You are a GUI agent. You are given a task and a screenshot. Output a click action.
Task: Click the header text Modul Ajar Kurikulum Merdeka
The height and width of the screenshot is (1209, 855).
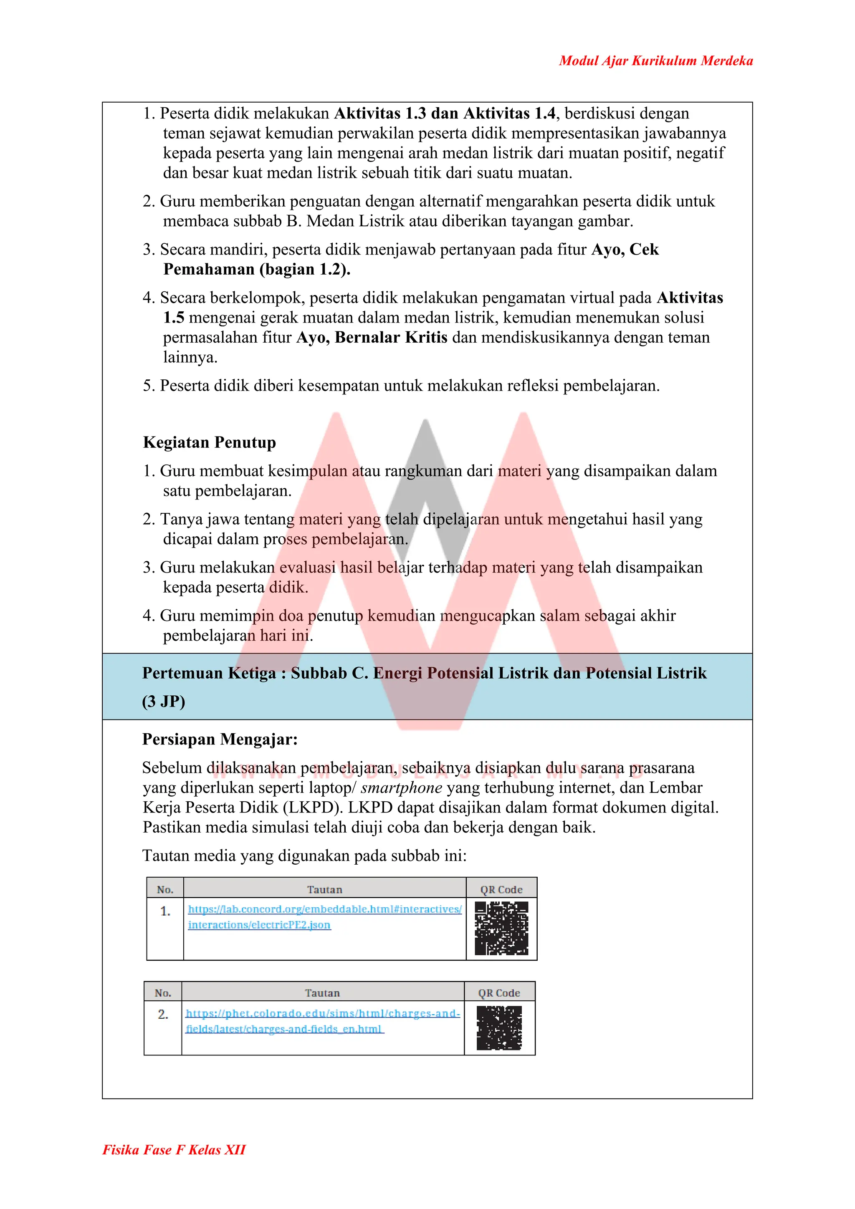click(655, 61)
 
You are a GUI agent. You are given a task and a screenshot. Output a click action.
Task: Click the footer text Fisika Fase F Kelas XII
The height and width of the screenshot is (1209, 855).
click(174, 1149)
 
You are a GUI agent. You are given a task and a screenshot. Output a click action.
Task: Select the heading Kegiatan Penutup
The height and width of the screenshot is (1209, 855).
click(209, 442)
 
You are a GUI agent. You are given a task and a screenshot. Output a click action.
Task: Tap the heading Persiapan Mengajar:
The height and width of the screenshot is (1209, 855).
click(220, 740)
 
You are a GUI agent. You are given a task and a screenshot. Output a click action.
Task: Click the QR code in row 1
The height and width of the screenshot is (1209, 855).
click(501, 928)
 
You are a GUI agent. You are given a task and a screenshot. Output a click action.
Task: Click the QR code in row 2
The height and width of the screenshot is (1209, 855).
click(499, 1027)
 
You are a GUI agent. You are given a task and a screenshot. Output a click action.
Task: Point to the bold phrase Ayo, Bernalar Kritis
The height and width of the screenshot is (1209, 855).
click(372, 338)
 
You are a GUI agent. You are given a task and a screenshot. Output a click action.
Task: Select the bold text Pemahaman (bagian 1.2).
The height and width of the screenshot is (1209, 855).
click(257, 270)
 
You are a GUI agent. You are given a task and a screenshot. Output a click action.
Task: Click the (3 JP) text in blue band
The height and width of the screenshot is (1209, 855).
click(163, 702)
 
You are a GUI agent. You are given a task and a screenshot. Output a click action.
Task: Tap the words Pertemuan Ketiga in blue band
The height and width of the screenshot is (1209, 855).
click(209, 673)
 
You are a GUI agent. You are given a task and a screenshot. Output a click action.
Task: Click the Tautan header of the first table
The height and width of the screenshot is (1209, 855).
click(324, 889)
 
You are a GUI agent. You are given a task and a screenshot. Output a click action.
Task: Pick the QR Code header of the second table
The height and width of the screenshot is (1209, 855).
click(499, 993)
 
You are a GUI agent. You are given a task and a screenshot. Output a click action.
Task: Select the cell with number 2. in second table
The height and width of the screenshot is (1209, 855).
click(163, 1014)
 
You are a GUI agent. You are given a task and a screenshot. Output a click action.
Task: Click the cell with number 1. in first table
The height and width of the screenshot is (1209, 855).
click(165, 911)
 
